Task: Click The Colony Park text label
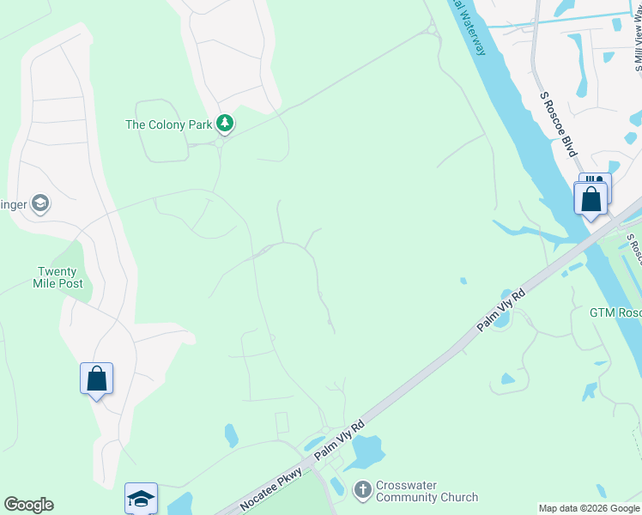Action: tap(168, 124)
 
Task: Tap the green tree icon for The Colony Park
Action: tap(225, 124)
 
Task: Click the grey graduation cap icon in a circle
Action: tap(39, 203)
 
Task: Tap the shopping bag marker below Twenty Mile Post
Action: tap(97, 379)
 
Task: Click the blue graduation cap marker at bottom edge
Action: tap(142, 499)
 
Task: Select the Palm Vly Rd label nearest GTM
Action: tap(502, 311)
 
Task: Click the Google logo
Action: tap(28, 505)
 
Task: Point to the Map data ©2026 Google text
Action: tap(589, 508)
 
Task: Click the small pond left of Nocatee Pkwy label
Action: tap(232, 435)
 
